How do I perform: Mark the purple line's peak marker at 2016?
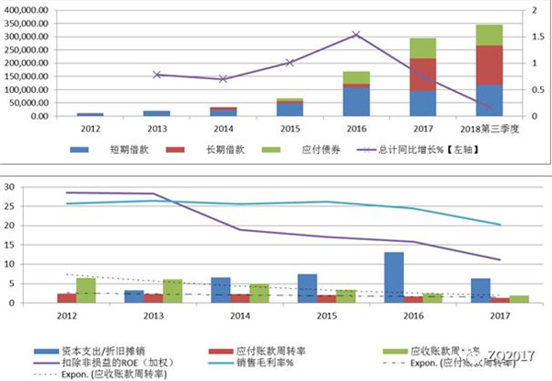click(357, 35)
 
